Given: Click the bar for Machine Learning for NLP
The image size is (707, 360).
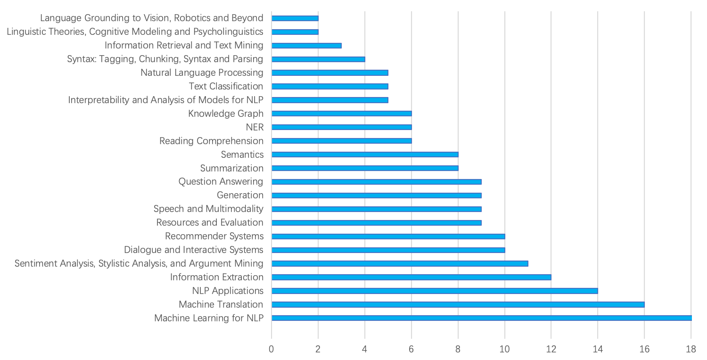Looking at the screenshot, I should [481, 318].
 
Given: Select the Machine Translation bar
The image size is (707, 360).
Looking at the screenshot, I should [458, 304].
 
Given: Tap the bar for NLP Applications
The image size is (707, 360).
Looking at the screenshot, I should [435, 291].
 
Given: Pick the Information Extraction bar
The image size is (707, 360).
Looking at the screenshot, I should [411, 277].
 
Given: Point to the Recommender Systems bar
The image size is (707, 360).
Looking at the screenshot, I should [388, 236].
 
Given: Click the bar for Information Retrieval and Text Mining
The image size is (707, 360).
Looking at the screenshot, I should [306, 45].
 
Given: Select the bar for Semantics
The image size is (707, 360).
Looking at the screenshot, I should [365, 154].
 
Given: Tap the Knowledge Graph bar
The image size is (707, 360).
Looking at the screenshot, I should [341, 113].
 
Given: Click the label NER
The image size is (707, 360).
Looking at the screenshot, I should [255, 127].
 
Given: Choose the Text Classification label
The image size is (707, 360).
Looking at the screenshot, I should [226, 86].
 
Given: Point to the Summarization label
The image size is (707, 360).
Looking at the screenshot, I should [231, 168].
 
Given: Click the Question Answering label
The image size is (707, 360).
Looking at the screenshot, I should [221, 181].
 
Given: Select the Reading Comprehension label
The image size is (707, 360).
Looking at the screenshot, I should [211, 141].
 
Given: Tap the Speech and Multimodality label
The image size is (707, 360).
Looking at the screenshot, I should [208, 209].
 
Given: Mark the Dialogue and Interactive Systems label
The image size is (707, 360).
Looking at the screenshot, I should [193, 250].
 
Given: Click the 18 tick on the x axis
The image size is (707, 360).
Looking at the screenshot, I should [691, 349].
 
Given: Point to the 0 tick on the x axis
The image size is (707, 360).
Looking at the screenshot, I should [271, 349].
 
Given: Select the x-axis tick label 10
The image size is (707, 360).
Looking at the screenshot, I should [504, 349].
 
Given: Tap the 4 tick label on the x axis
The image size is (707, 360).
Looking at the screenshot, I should [365, 349].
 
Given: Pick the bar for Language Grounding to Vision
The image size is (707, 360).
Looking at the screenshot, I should [295, 18].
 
